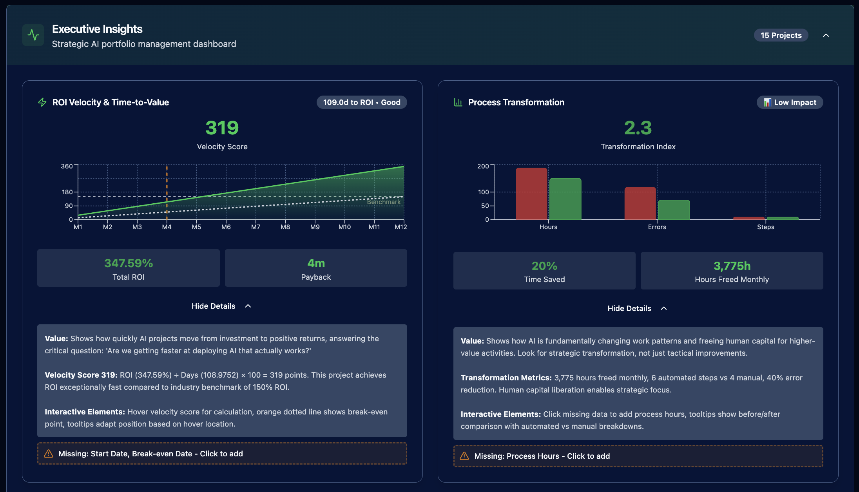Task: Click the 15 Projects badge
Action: tap(781, 35)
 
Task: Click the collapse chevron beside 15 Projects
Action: tap(826, 35)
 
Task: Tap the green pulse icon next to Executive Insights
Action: tap(33, 35)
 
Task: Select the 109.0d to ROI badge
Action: tap(361, 102)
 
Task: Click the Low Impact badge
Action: tap(790, 102)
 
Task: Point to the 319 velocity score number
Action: tap(222, 128)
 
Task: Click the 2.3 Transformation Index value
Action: tap(638, 128)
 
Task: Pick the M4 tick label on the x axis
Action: tap(167, 227)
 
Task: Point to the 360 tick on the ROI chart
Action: tap(67, 166)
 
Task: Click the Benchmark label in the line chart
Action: tap(384, 202)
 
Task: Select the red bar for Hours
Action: tap(531, 194)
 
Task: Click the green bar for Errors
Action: tap(674, 210)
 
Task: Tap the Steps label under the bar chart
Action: tap(765, 227)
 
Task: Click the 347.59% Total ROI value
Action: tap(129, 263)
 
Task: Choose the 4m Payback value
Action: tap(316, 263)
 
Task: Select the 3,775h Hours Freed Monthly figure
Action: tap(732, 266)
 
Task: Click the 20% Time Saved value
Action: tap(544, 266)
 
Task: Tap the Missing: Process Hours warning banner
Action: tap(638, 456)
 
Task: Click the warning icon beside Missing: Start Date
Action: tap(49, 454)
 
